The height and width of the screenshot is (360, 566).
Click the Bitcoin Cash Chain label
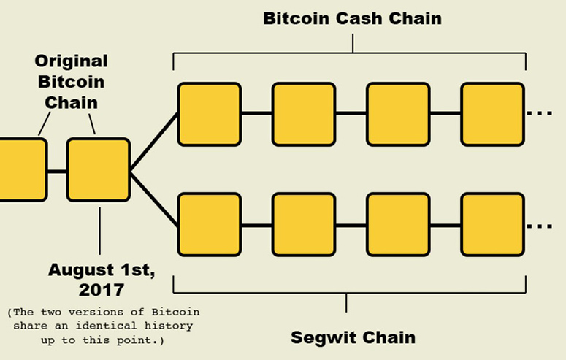tap(352, 18)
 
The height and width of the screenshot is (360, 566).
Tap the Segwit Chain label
tap(353, 337)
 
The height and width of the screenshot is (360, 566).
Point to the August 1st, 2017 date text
tap(102, 278)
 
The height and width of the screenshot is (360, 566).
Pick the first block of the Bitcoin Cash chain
tap(209, 114)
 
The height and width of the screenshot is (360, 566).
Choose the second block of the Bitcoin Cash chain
tap(303, 114)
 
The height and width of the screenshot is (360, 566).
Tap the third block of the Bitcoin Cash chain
tap(397, 114)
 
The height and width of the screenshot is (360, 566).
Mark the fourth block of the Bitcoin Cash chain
tap(492, 114)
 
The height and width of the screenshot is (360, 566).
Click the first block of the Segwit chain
tap(209, 224)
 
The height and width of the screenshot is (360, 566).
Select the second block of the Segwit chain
tap(303, 224)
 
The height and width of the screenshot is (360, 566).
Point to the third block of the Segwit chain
tap(397, 224)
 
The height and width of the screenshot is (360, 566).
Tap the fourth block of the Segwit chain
tap(492, 224)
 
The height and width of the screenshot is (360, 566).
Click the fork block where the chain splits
tap(99, 169)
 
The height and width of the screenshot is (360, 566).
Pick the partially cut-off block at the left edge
tap(22, 169)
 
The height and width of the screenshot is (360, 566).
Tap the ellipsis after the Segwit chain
tap(540, 226)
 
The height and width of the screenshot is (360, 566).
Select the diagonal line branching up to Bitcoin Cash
tap(154, 142)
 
